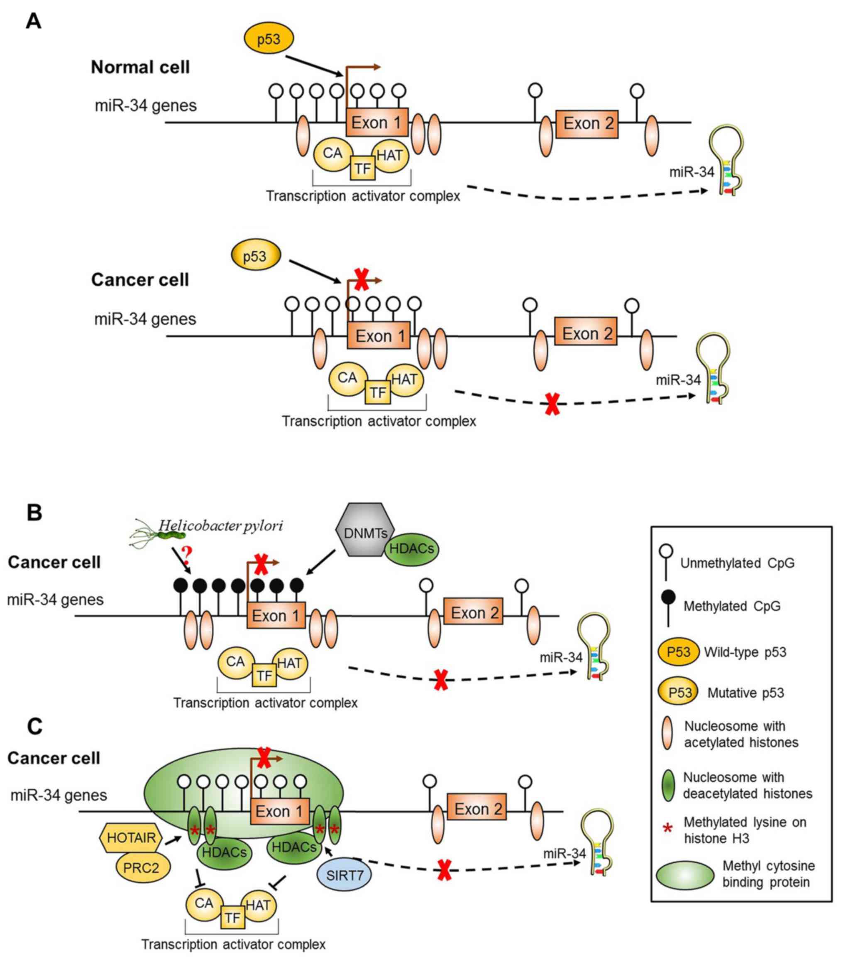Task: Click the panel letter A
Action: point(33,21)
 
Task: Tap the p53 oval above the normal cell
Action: point(269,39)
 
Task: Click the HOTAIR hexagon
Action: point(131,838)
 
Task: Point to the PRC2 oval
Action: point(141,867)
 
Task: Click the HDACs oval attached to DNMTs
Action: point(412,549)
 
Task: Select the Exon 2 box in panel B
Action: point(474,613)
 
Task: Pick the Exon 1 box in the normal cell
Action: point(377,123)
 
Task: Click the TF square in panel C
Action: point(232,918)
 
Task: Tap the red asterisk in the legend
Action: point(667,829)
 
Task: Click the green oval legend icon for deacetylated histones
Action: point(667,785)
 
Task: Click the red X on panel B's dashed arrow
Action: point(440,680)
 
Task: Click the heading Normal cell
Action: point(140,67)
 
